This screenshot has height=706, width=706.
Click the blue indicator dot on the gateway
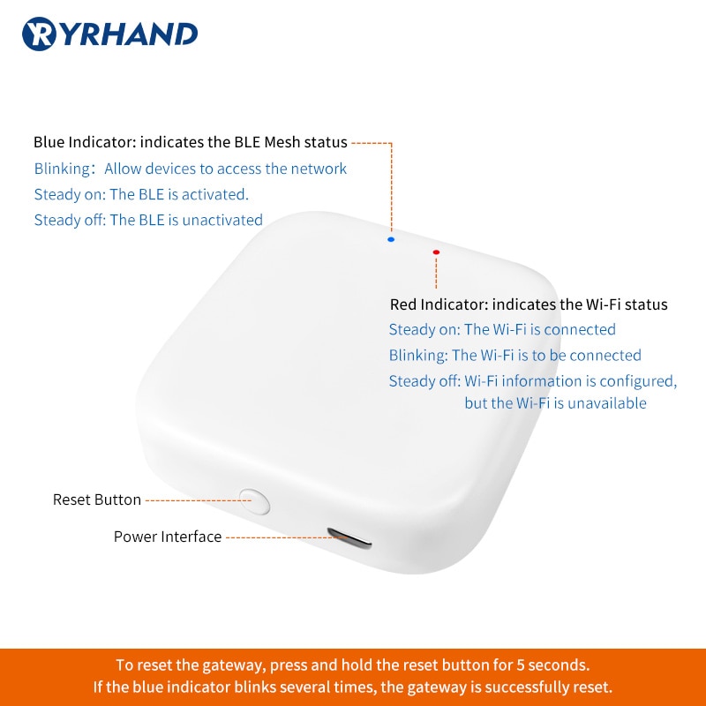391,239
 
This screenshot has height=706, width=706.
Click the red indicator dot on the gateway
436,252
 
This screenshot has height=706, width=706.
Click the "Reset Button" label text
97,499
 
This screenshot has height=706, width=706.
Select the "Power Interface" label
168,537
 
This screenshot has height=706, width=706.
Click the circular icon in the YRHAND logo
40,34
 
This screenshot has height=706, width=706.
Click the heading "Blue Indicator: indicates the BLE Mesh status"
190,142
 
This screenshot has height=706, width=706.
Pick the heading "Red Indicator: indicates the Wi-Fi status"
529,304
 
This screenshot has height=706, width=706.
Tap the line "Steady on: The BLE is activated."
141,194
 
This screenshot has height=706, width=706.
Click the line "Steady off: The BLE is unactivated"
148,220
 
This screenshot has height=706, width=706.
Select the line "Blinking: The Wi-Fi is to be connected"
515,355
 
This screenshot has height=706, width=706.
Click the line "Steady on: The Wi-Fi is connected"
502,329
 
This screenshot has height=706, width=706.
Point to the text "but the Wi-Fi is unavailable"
555,403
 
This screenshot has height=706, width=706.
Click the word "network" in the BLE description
319,169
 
